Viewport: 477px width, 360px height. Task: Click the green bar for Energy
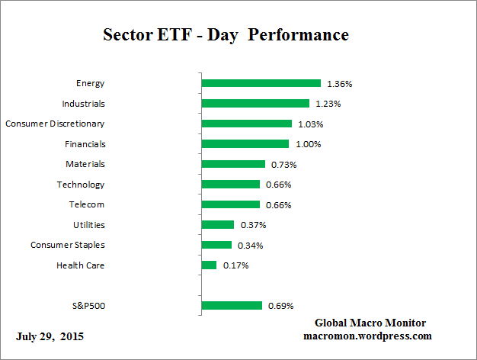(x=261, y=83)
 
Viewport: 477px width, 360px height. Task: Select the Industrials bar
(x=255, y=103)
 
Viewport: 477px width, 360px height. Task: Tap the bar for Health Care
(x=209, y=265)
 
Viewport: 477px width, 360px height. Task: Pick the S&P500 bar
(x=232, y=306)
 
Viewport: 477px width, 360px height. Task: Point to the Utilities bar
(x=218, y=225)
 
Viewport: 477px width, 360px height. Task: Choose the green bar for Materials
(x=233, y=164)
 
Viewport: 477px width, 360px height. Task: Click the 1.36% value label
(x=339, y=83)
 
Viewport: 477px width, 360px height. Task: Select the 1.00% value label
(x=307, y=144)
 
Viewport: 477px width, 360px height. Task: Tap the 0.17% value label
(x=235, y=265)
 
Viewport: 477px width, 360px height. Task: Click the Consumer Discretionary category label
(x=55, y=124)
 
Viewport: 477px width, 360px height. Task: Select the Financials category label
(x=85, y=144)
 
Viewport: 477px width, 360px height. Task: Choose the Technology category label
(x=81, y=185)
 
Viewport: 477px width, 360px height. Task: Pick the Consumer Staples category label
(x=68, y=246)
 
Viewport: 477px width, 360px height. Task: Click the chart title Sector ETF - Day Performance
(x=226, y=36)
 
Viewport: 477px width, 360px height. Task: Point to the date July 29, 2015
(x=50, y=336)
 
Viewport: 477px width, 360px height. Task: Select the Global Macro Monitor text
(x=370, y=323)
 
